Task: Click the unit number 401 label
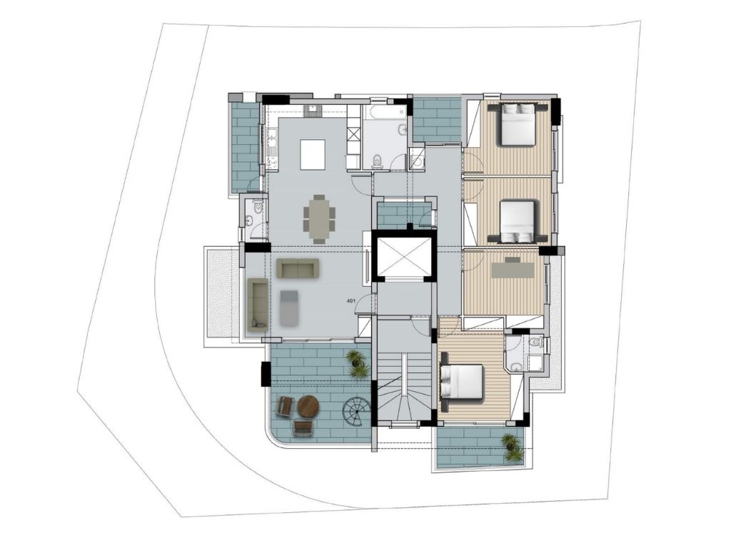point(351,301)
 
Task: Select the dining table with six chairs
point(319,218)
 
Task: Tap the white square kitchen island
point(313,155)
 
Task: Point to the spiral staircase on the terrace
point(356,413)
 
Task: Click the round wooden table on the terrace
point(308,407)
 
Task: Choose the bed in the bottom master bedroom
point(463,382)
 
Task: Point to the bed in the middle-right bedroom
point(518,222)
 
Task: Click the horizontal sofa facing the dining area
point(298,268)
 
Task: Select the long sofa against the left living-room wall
point(257,305)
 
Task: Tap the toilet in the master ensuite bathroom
point(537,342)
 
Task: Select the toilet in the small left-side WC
point(256,205)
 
